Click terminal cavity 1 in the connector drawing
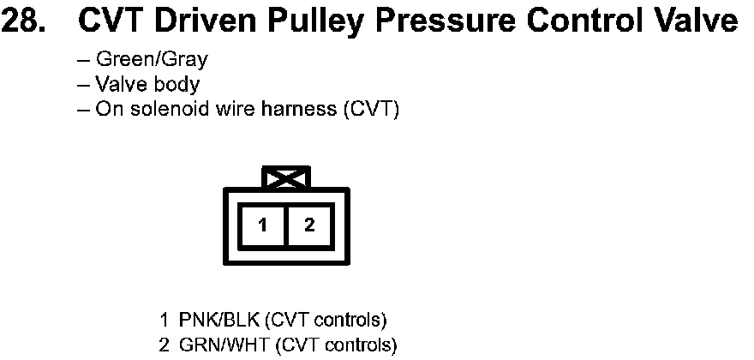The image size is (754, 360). (265, 225)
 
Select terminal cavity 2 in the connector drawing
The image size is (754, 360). (309, 225)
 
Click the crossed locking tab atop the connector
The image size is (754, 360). (287, 177)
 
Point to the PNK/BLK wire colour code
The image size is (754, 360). (218, 321)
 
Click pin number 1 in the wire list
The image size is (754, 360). (164, 321)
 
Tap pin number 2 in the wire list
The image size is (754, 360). (164, 345)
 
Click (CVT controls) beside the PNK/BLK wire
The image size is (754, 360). (326, 321)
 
